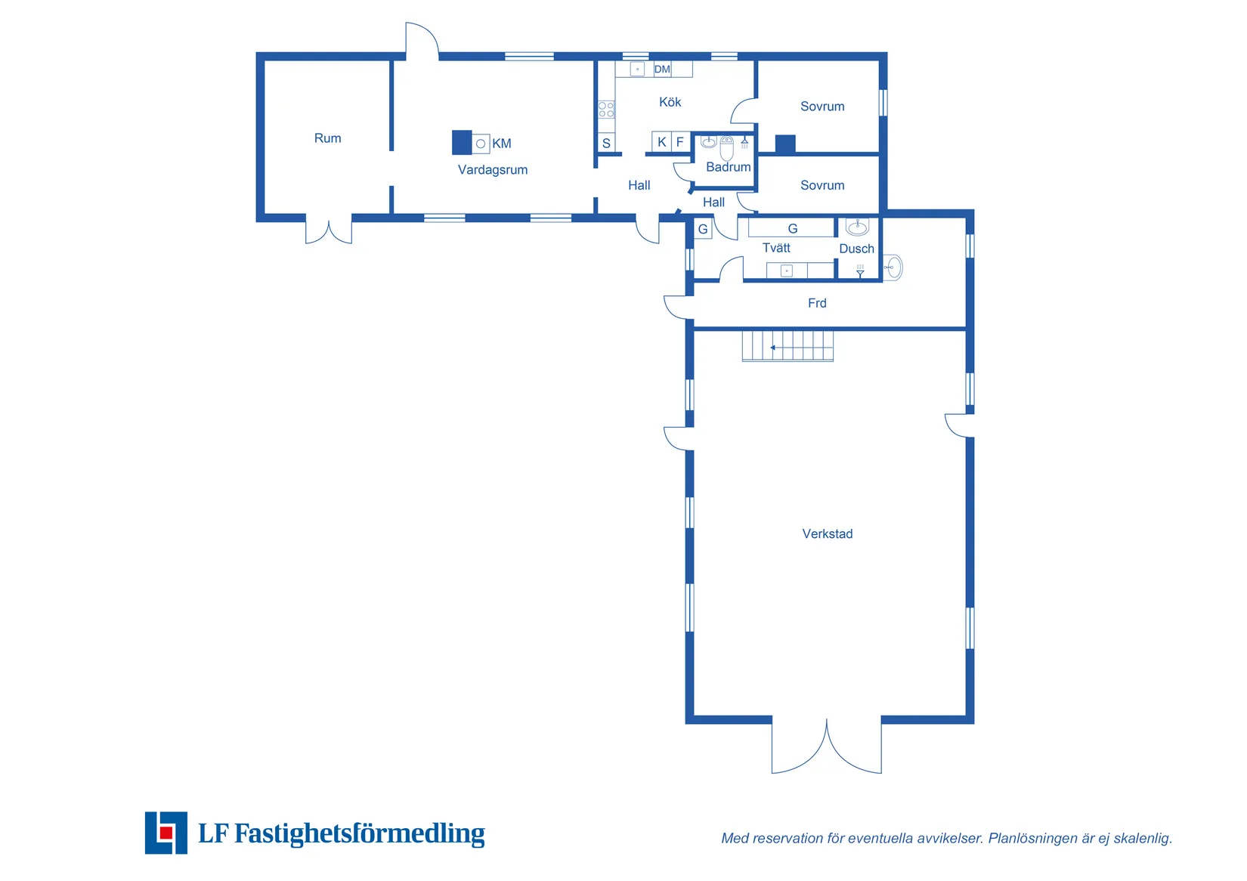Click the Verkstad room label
pos(827,533)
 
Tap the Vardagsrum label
pos(492,170)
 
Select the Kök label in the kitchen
pos(670,102)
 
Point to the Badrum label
pos(728,167)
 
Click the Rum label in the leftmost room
pos(327,138)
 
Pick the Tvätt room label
pos(776,248)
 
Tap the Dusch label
pos(856,249)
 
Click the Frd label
pos(817,303)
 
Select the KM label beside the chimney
pos(501,144)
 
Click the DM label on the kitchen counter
pos(662,70)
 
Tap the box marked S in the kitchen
pos(606,143)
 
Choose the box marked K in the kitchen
pos(661,141)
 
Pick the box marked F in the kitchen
pos(680,141)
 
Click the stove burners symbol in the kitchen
pos(606,109)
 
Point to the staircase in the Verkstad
pos(787,346)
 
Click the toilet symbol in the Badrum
pos(726,148)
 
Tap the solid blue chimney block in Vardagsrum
pos(462,143)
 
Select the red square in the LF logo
pos(166,833)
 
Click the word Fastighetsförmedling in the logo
pos(360,833)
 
